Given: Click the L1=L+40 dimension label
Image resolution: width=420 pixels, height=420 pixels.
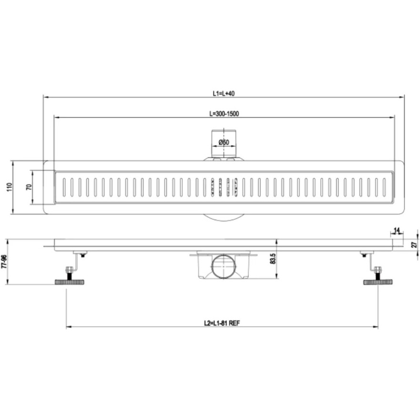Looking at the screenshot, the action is (x=224, y=93).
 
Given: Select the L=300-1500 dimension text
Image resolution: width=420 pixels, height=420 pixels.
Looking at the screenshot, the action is (x=224, y=114).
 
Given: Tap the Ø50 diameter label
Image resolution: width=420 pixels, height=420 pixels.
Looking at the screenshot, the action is (x=224, y=142).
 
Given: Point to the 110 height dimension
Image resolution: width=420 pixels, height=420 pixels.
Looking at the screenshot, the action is (x=10, y=187).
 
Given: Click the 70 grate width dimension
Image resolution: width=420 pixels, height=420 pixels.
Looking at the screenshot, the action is (x=29, y=187).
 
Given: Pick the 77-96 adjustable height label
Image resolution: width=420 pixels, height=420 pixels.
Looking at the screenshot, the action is (x=4, y=262).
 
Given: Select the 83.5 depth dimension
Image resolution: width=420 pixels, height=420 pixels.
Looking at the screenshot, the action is (x=273, y=259).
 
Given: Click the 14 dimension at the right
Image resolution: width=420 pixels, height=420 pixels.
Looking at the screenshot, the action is (x=397, y=230).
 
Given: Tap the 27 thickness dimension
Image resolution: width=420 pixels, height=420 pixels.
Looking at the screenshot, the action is (x=414, y=245).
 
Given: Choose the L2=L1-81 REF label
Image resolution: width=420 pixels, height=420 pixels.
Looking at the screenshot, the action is (x=222, y=323).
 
